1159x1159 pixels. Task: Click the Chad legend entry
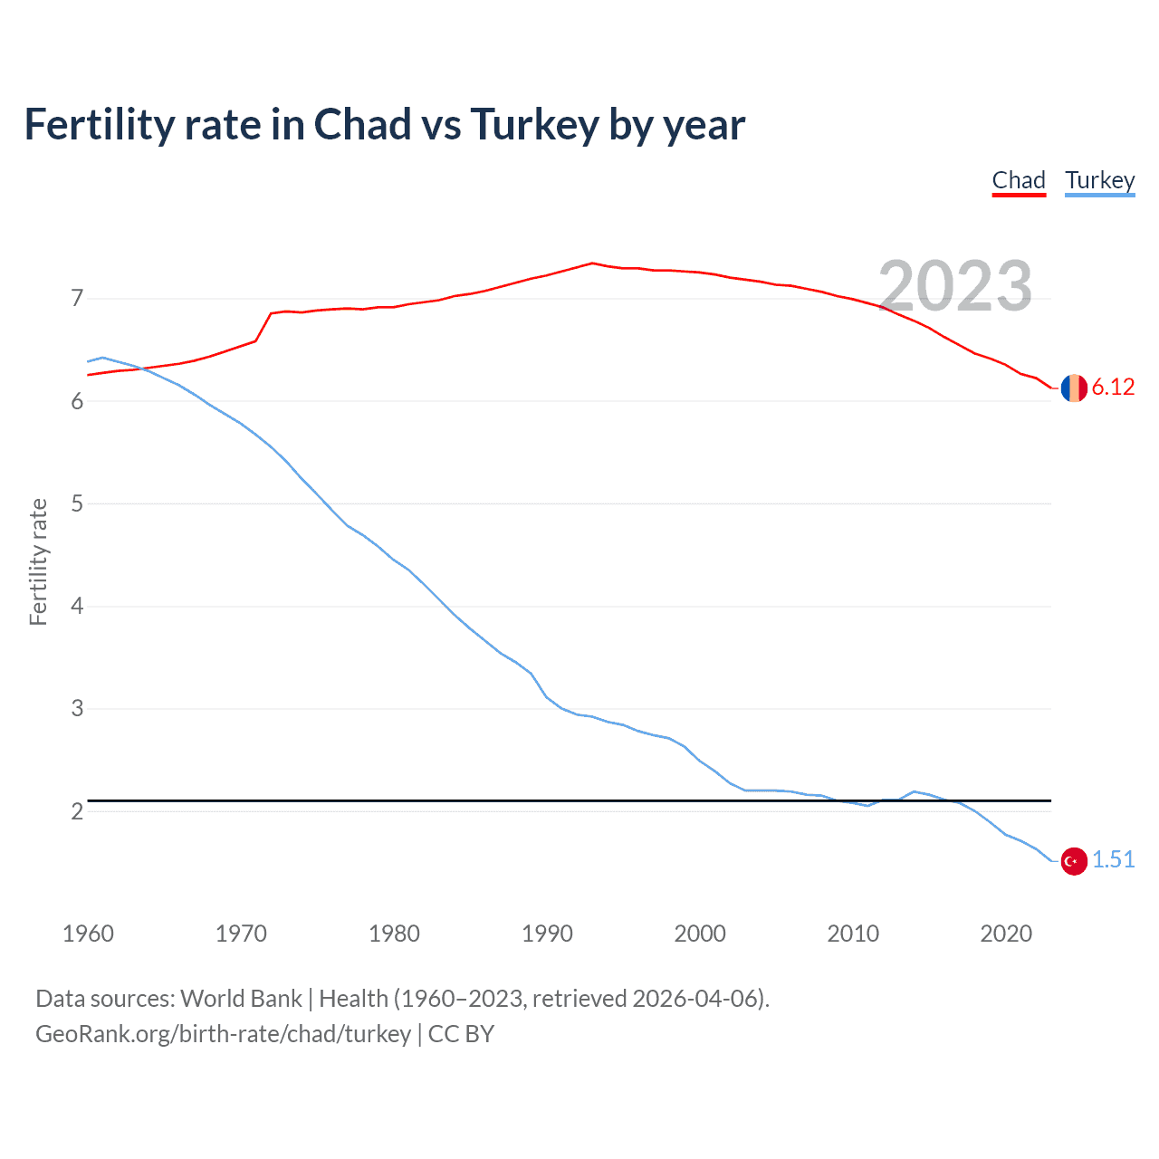[1019, 180]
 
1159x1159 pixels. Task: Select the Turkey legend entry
[1099, 180]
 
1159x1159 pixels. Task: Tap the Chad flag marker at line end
[1074, 388]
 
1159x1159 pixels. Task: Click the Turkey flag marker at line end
[1074, 861]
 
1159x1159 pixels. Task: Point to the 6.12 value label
[1113, 388]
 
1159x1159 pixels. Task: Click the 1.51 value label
[1113, 860]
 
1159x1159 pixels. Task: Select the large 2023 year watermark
[955, 286]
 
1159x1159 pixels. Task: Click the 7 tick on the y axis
[77, 298]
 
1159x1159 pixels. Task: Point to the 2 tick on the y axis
[77, 811]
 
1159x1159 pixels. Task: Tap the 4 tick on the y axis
[77, 606]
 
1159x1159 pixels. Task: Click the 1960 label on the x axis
[88, 934]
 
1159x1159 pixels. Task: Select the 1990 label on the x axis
[547, 934]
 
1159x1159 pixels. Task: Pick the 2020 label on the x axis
[1006, 934]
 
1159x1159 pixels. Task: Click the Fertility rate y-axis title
[38, 561]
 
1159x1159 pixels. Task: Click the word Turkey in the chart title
[534, 125]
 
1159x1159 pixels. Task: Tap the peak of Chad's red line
[592, 263]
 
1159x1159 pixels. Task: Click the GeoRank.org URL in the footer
[223, 1034]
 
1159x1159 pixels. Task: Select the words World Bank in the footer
[241, 999]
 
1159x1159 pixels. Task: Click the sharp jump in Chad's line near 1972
[263, 327]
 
